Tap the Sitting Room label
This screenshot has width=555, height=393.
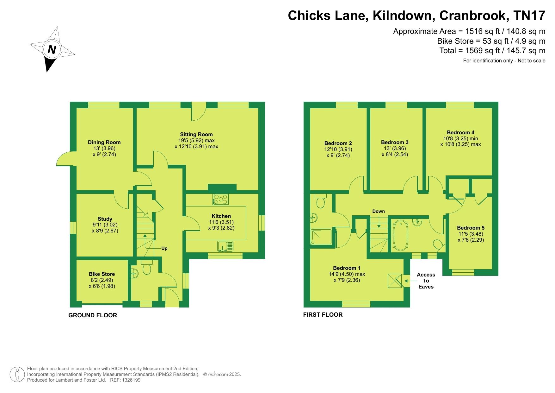click(x=196, y=134)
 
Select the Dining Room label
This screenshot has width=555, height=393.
click(x=104, y=142)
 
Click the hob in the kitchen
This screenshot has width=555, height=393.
click(x=221, y=199)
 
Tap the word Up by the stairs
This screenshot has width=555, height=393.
click(x=164, y=248)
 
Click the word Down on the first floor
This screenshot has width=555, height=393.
click(x=379, y=211)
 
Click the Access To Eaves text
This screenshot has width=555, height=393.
click(x=426, y=281)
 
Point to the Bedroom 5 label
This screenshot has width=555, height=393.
click(x=471, y=228)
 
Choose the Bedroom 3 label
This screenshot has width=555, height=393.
click(x=395, y=142)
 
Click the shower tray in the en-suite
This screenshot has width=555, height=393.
click(x=322, y=237)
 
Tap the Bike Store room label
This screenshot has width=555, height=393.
click(x=102, y=274)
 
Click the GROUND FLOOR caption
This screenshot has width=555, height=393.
click(x=93, y=315)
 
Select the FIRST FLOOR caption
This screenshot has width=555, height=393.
click(x=323, y=315)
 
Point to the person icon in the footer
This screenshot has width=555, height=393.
click(x=17, y=374)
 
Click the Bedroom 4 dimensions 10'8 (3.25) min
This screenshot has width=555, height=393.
click(x=460, y=138)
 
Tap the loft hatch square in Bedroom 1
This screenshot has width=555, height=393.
click(x=395, y=281)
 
